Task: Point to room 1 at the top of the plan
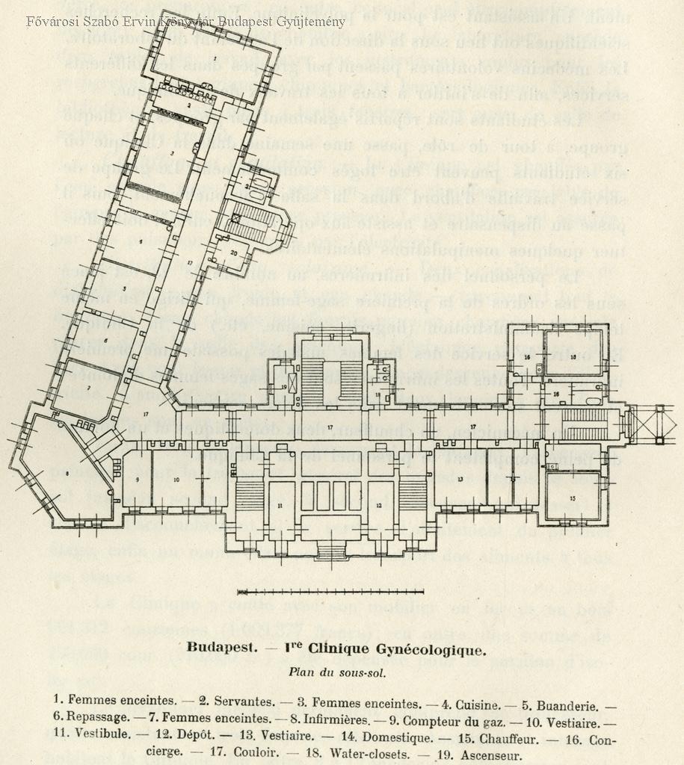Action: tap(215, 58)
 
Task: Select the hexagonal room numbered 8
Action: tap(67, 474)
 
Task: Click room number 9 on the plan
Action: tap(138, 480)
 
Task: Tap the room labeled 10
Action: tap(176, 480)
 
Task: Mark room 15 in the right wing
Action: tap(573, 496)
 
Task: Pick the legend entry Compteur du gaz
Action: tap(442, 720)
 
